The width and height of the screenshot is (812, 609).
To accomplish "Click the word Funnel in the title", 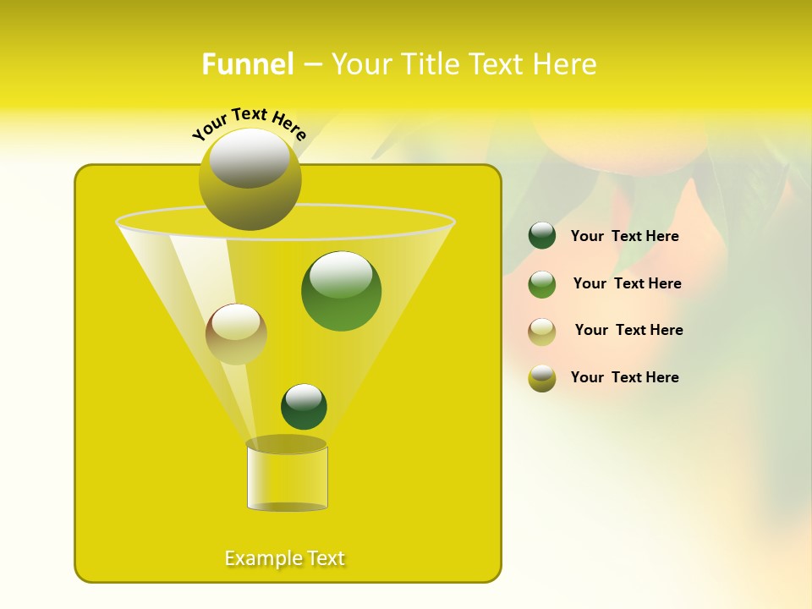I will tap(248, 64).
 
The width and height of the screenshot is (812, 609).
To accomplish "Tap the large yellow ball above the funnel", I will tap(250, 179).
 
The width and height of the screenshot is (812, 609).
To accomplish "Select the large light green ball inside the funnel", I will tap(341, 291).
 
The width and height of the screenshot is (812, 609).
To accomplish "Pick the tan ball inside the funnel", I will tap(236, 334).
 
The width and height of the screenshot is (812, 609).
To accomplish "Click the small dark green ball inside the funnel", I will tap(304, 407).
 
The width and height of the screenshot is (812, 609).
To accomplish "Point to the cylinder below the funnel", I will tap(287, 478).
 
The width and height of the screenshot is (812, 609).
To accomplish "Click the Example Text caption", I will tap(285, 558).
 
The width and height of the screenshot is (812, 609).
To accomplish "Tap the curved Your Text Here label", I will tap(249, 122).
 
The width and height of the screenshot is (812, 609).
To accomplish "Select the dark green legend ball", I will tap(542, 236).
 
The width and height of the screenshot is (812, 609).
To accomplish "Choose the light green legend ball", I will tap(542, 284).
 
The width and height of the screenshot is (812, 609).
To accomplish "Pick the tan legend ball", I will tap(542, 332).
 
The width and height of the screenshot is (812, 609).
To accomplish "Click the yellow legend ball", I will tap(542, 378).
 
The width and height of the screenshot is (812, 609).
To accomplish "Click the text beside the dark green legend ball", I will tap(624, 237).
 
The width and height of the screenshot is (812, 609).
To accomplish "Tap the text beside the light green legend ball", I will tap(627, 284).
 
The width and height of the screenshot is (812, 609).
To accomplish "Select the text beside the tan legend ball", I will tap(628, 331).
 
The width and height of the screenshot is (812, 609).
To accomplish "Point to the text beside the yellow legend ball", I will tap(624, 377).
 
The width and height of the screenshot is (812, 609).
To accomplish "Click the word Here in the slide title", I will tap(566, 64).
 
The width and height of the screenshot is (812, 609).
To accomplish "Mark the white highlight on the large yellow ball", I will tap(249, 159).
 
